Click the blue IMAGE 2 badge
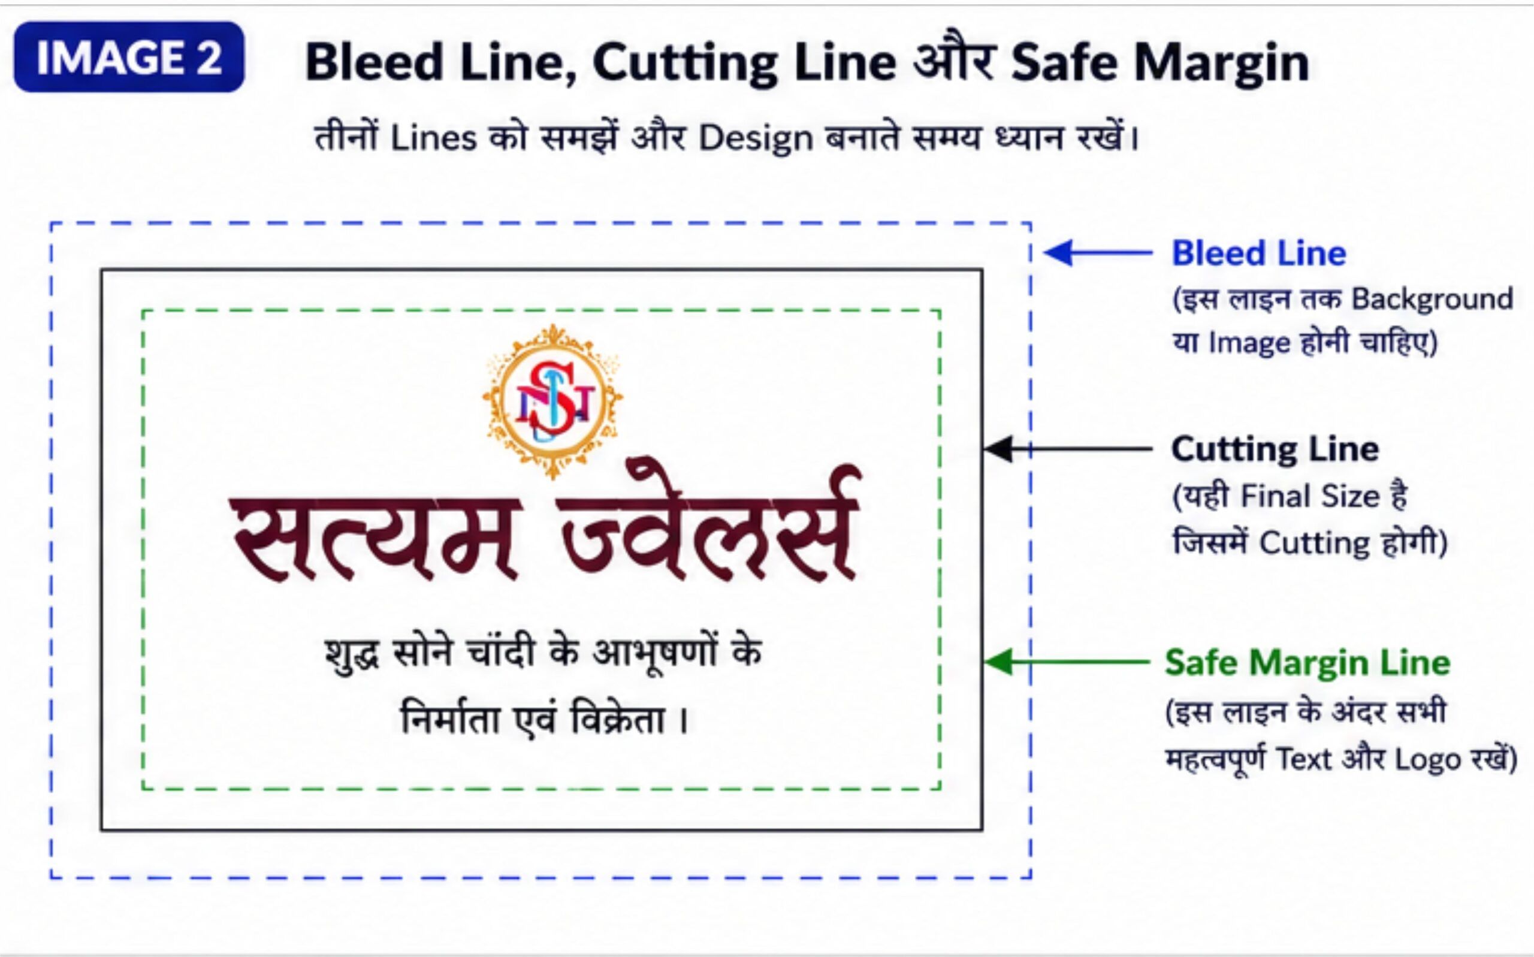click(129, 57)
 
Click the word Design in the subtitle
click(756, 138)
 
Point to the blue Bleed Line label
click(1259, 253)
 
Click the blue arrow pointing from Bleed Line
click(1098, 252)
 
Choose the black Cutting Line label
click(1275, 449)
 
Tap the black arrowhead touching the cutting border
click(998, 449)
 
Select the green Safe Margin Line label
click(1307, 663)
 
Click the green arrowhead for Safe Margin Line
click(999, 662)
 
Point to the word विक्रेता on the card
click(618, 719)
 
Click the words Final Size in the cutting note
click(1310, 496)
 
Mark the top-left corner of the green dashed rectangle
click(143, 311)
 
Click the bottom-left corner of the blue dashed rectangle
click(52, 878)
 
